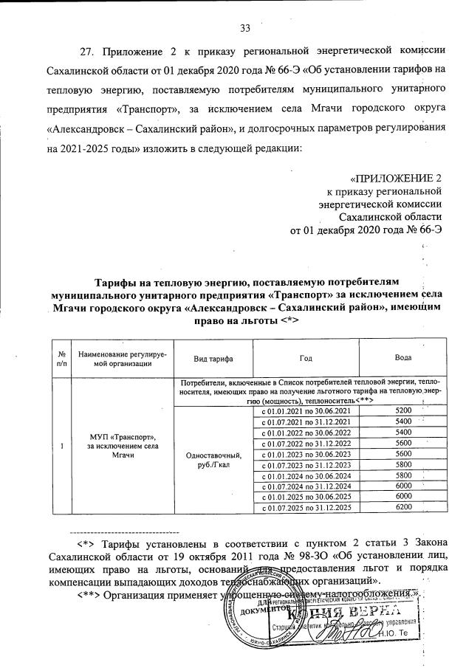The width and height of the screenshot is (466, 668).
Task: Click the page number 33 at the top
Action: [245, 29]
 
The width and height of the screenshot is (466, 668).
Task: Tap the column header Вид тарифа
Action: [213, 357]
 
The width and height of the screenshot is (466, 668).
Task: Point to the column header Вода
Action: [402, 357]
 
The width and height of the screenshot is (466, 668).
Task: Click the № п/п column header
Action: [61, 357]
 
